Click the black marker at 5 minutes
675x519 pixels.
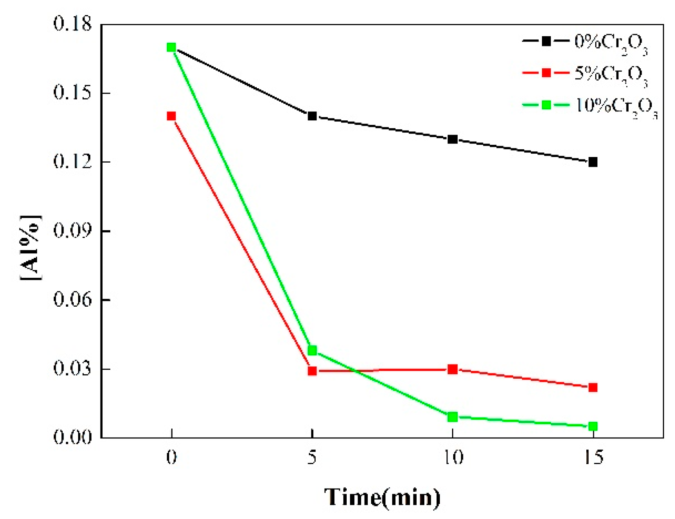click(x=312, y=116)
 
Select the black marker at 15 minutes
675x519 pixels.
click(x=593, y=162)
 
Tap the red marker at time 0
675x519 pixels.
click(x=171, y=116)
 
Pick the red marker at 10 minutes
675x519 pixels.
click(x=452, y=369)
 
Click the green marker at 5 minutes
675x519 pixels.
click(x=312, y=350)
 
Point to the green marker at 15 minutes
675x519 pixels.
click(x=593, y=426)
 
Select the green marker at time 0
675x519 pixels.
click(x=171, y=47)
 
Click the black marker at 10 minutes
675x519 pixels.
click(x=452, y=139)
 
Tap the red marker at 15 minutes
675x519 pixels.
click(x=593, y=387)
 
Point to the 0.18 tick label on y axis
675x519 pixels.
click(x=72, y=24)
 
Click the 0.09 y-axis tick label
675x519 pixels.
click(x=72, y=231)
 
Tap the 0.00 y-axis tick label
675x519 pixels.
click(x=72, y=438)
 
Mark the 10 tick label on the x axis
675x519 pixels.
click(x=452, y=458)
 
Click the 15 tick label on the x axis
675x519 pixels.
click(x=593, y=458)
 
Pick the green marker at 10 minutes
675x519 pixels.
click(x=452, y=417)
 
